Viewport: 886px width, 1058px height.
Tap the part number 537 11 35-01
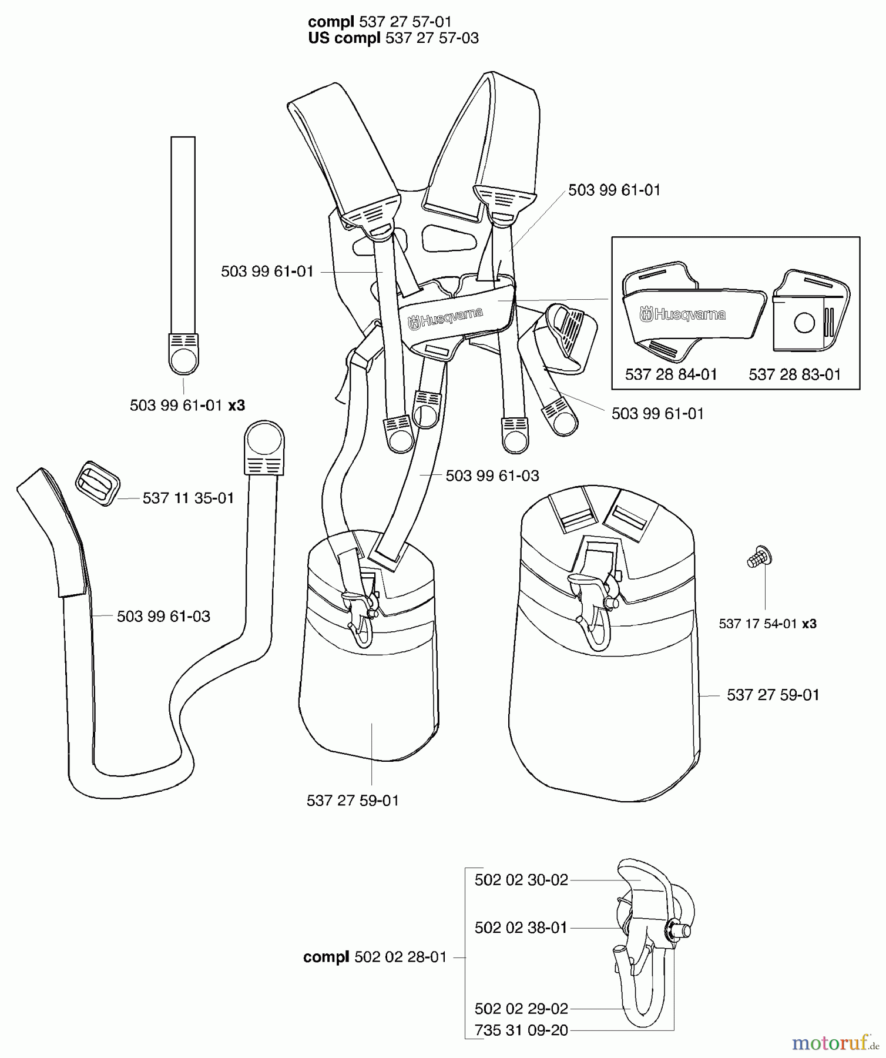(188, 498)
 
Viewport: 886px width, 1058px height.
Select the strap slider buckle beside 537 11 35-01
(98, 483)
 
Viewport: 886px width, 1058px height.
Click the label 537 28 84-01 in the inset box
(671, 374)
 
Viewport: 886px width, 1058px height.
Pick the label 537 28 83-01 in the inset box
(794, 374)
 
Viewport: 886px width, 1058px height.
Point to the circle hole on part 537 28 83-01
(804, 323)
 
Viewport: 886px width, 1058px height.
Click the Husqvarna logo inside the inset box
(682, 314)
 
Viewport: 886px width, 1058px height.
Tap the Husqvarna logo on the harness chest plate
(445, 318)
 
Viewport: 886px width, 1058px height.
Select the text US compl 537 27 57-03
(393, 38)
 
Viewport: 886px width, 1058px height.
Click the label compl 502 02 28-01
(375, 957)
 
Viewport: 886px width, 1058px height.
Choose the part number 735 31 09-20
(521, 1030)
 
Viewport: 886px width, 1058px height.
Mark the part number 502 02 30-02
(521, 880)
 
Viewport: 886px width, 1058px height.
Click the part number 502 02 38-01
(521, 928)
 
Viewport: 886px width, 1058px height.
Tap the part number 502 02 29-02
(521, 1009)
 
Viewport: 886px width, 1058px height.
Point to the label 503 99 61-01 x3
(187, 406)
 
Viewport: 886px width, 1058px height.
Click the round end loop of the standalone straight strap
(183, 359)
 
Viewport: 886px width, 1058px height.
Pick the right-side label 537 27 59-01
(773, 695)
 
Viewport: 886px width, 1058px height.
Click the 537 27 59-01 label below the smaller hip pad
(353, 801)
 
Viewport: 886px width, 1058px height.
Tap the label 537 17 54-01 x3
(767, 624)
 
